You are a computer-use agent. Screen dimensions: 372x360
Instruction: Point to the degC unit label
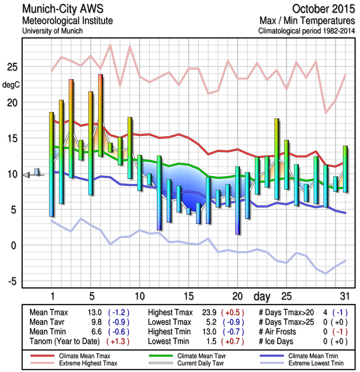pos(12,85)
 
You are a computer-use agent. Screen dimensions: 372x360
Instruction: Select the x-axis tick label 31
pos(345,296)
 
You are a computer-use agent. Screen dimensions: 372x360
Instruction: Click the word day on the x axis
pos(263,296)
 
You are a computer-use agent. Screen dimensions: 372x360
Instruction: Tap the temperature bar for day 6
pos(100,115)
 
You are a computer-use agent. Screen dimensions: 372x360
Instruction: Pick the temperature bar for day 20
pos(237,200)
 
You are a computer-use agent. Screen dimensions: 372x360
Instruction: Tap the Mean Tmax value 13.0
pos(94,312)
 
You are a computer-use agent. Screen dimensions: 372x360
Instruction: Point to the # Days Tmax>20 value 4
pos(325,312)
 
